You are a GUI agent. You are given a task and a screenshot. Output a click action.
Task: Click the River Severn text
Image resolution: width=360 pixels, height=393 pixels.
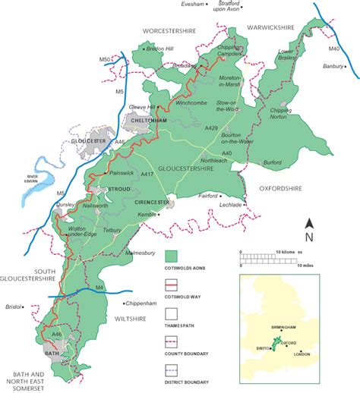[27, 180]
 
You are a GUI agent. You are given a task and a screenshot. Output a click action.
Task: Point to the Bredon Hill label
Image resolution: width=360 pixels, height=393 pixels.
[158, 49]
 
